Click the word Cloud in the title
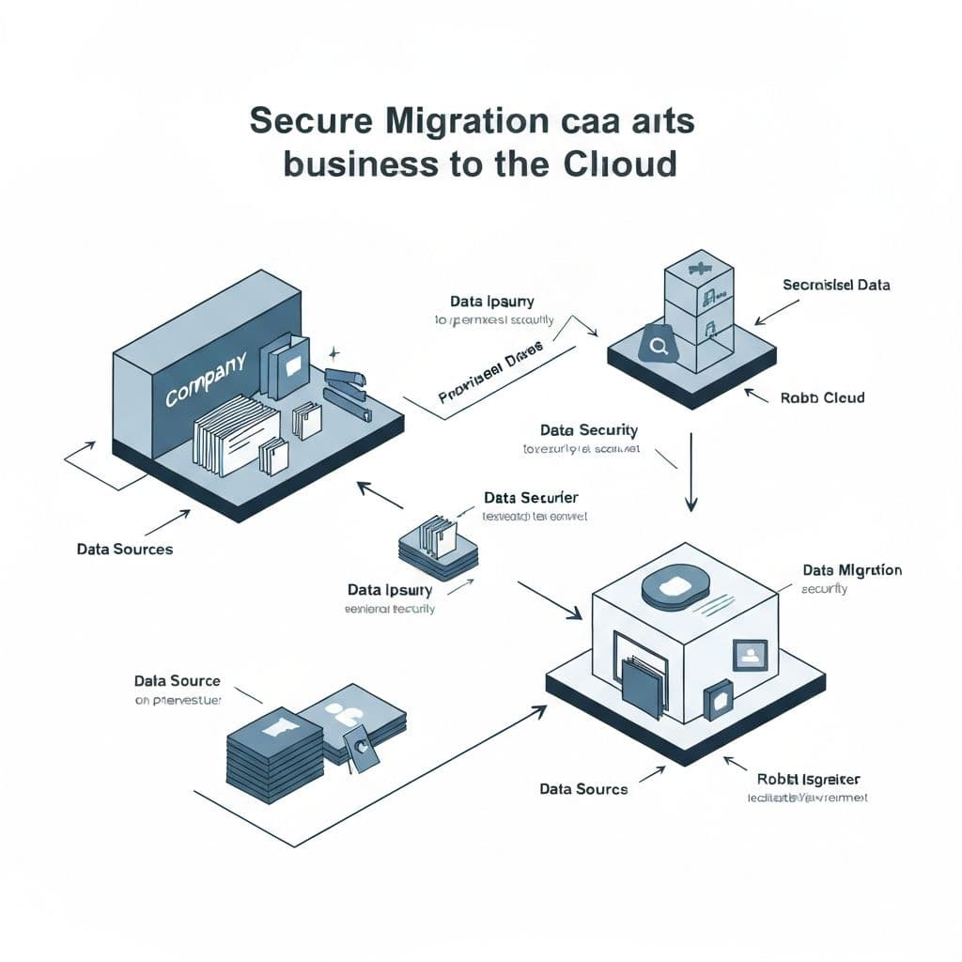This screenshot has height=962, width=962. coord(620,163)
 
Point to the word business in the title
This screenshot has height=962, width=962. coord(359,163)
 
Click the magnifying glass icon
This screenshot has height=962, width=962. coord(658,347)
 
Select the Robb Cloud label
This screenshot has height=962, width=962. coord(822,397)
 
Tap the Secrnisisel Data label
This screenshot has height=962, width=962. coord(836,284)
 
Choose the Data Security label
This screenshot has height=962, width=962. coord(589,430)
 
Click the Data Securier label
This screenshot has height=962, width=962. coord(531,497)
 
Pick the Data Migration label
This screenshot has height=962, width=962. coord(852,570)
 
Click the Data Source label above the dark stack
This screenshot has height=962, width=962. coord(177,681)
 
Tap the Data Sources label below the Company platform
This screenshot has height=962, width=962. coord(125,549)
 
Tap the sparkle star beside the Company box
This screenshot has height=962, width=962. coord(334,353)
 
